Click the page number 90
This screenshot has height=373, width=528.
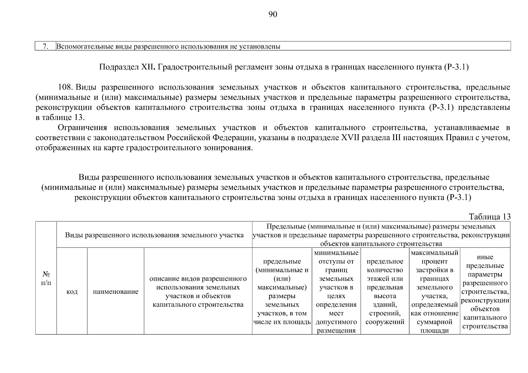tap(272, 15)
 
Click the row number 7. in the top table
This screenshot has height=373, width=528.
tap(45, 47)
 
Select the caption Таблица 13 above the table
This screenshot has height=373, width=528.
tap(489, 217)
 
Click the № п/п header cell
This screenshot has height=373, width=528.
tap(46, 278)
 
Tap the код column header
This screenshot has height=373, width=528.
tap(72, 292)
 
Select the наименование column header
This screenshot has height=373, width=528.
tap(115, 292)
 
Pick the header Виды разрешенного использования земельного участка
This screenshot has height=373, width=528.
tap(154, 235)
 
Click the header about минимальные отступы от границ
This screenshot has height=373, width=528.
tap(336, 292)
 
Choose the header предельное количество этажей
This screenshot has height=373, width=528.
tap(385, 292)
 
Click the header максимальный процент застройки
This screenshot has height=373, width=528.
tap(434, 292)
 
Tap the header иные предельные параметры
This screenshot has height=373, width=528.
tap(485, 292)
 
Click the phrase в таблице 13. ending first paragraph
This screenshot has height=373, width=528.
tap(60, 117)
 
